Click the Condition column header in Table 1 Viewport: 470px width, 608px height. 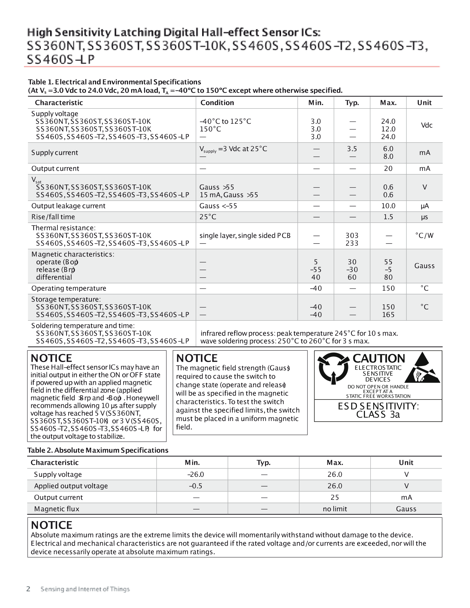click(217, 103)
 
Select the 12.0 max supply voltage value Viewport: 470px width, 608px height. click(388, 129)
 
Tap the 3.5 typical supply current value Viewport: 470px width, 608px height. click(352, 149)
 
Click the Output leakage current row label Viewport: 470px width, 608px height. click(68, 206)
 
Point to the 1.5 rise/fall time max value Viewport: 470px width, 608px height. click(388, 217)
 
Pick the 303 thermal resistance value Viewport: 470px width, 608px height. click(352, 236)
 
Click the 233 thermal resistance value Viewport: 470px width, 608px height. click(352, 243)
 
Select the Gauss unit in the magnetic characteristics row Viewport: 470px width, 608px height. click(424, 266)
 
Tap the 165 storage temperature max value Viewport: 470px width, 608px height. click(388, 315)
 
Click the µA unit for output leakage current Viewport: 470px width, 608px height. click(425, 206)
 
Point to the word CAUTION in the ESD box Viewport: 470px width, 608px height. click(379, 359)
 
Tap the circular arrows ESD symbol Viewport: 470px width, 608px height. click(333, 368)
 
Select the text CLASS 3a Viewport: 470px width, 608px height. click(378, 415)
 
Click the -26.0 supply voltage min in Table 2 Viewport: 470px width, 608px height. click(196, 474)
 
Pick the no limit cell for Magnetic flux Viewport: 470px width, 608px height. click(335, 509)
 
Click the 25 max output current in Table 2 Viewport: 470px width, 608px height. click(335, 497)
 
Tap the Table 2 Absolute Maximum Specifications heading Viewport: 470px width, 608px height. click(98, 450)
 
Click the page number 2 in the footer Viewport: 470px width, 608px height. click(29, 589)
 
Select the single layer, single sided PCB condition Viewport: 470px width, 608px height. click(245, 236)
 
